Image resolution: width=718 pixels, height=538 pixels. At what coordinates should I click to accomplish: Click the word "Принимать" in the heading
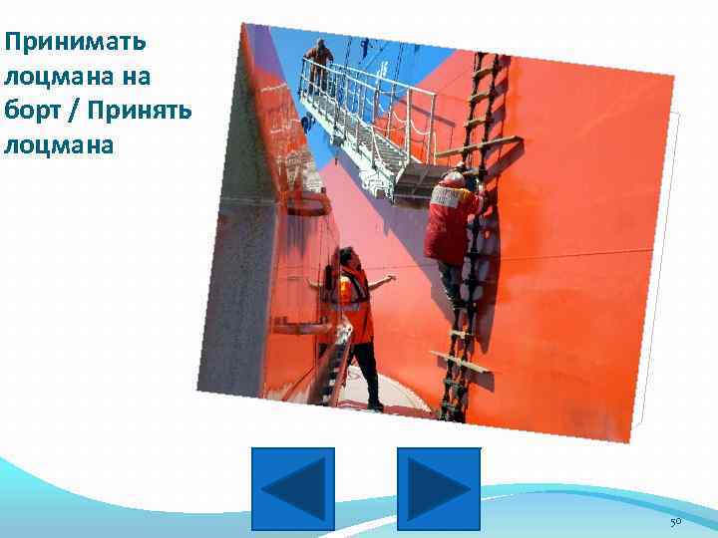pos(75,43)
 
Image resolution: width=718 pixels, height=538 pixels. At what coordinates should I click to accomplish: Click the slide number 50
pos(675,522)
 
